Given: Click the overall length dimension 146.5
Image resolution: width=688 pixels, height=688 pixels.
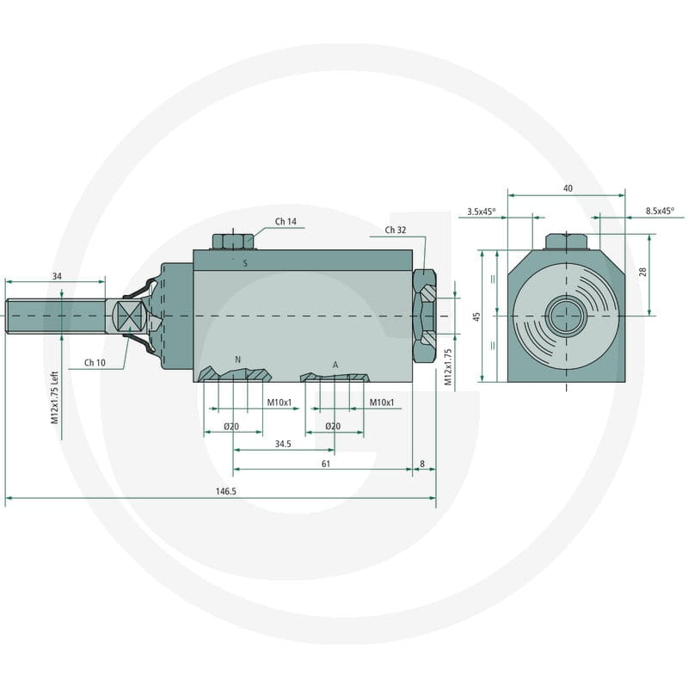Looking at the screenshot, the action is (226, 491).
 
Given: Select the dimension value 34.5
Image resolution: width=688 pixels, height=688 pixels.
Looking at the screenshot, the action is (283, 444).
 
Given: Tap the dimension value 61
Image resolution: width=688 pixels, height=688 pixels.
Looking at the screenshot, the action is (326, 464).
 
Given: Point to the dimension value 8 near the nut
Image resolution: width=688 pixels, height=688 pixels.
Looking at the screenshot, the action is (422, 464).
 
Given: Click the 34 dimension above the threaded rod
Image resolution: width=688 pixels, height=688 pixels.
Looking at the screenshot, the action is (57, 276).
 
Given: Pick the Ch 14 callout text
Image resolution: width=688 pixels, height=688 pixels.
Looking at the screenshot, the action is (286, 222).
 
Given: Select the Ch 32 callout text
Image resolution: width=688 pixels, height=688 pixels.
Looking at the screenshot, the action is (396, 230).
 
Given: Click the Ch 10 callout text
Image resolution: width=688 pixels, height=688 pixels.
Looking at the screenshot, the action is (95, 362).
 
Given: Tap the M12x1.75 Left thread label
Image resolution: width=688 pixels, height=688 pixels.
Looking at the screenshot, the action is (54, 397).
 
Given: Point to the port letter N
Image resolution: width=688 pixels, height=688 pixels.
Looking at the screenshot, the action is (238, 359).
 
